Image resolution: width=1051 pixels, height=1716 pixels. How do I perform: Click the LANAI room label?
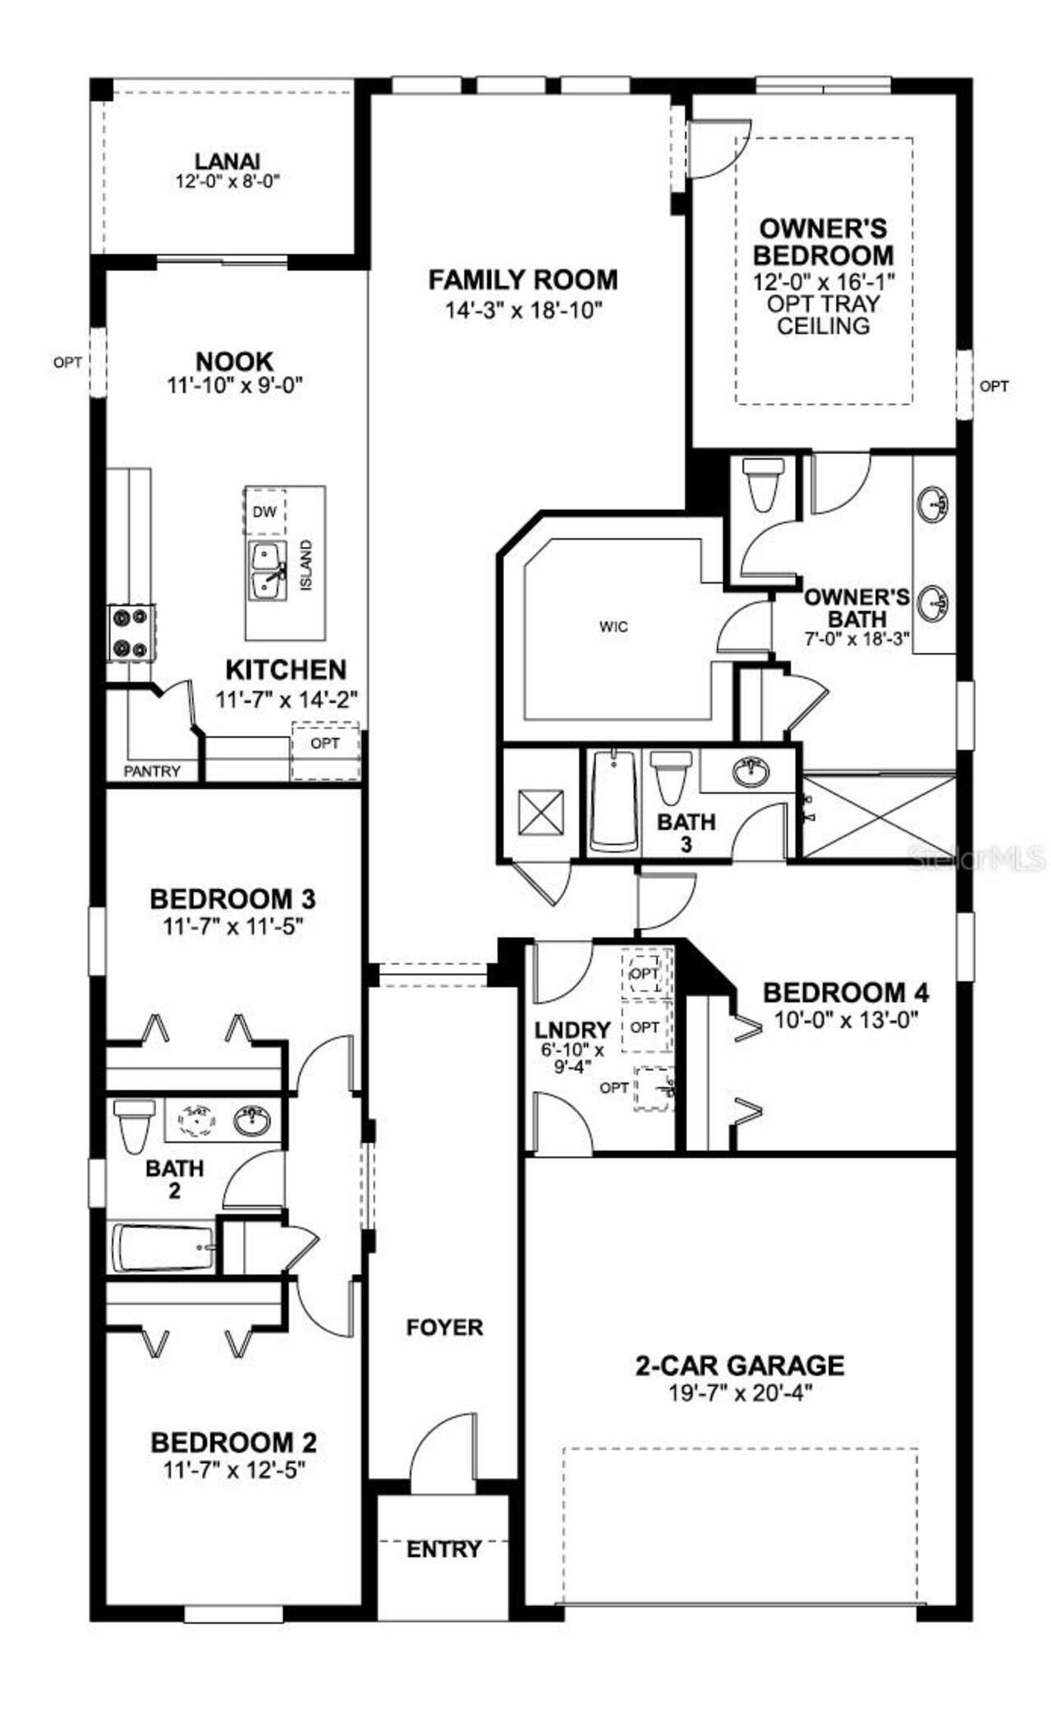coord(227,162)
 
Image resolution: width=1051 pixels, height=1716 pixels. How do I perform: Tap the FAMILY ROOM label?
coord(523,280)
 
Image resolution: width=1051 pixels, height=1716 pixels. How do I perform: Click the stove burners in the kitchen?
coord(131,632)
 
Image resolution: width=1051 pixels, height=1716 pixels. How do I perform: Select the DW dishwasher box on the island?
coord(264,512)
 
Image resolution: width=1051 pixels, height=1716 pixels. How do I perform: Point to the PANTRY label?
coord(152,772)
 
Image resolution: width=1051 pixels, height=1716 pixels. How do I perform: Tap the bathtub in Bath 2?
coord(163,1249)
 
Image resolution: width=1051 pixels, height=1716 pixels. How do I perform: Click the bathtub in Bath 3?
coord(612,801)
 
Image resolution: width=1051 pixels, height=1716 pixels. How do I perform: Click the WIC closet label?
coord(613,627)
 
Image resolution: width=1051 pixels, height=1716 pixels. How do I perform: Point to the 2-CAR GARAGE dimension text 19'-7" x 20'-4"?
coord(739,1393)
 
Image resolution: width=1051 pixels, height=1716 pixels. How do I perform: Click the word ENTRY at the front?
coord(443,1549)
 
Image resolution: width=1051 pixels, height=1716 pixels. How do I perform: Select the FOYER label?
coord(444,1328)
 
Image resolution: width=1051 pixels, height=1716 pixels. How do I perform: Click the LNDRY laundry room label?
coord(572,1030)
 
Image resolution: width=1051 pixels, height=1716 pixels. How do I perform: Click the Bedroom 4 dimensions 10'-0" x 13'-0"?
coord(845,1021)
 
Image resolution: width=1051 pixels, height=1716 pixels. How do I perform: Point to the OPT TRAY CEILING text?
coord(824,314)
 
